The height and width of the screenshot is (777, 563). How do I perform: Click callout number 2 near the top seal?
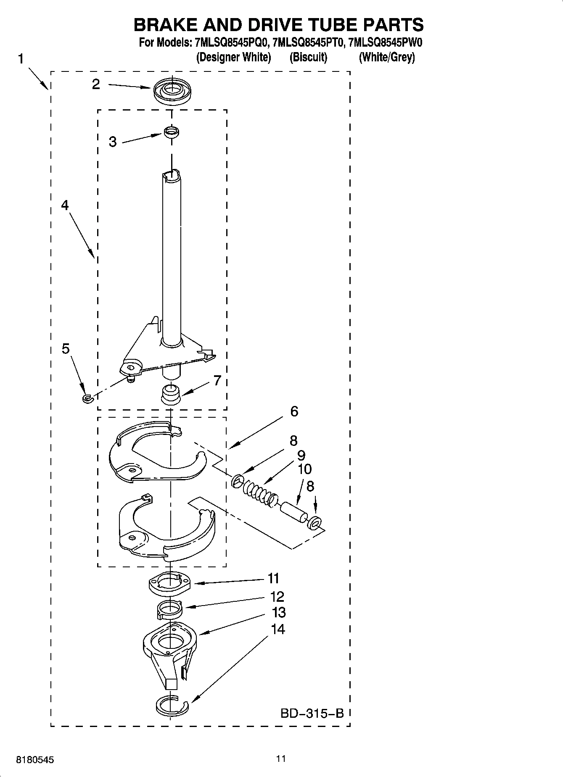click(x=96, y=84)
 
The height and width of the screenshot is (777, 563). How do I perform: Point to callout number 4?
click(x=65, y=205)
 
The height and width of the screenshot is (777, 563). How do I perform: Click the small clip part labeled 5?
click(x=87, y=398)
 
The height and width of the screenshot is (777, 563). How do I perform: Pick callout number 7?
click(x=217, y=381)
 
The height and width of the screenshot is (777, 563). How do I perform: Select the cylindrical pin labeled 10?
click(x=293, y=511)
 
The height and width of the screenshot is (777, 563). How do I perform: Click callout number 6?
click(x=294, y=411)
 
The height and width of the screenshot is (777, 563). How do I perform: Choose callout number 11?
click(x=274, y=579)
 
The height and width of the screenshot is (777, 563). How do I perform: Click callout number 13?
click(x=279, y=612)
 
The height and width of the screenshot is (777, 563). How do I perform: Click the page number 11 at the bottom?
click(x=281, y=759)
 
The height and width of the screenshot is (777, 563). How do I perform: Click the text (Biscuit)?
click(x=308, y=57)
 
